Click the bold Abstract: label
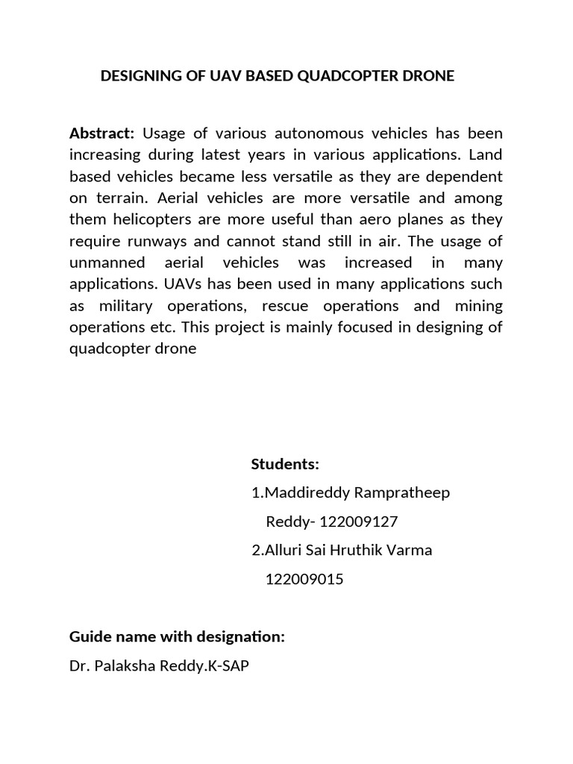point(101,134)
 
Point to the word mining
point(477,307)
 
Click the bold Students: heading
point(285,464)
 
